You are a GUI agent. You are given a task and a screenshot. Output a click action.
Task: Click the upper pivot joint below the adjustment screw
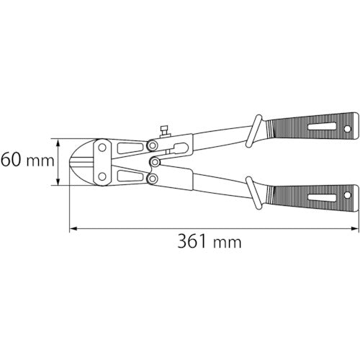152,146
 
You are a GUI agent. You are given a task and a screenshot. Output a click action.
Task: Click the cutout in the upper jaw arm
128,148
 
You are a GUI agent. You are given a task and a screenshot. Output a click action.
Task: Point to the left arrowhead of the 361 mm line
73,230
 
